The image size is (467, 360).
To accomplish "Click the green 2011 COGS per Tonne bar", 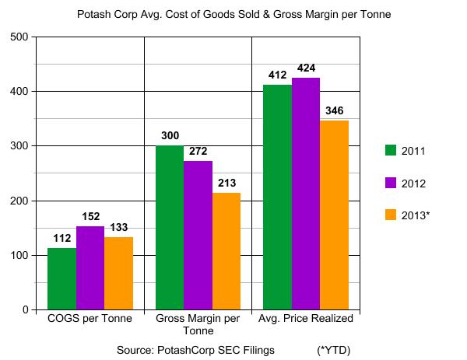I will (x=61, y=278).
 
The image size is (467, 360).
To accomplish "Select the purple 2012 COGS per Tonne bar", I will (x=90, y=267).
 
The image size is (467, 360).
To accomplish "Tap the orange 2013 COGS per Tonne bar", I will (x=118, y=273).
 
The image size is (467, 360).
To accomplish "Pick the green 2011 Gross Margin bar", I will (x=170, y=227).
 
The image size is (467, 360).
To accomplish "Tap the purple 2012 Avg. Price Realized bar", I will (x=306, y=194).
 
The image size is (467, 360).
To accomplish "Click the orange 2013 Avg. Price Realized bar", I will (x=334, y=215).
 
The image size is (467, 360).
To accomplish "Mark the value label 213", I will (x=226, y=184).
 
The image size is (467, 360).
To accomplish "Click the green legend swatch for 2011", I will (x=392, y=150).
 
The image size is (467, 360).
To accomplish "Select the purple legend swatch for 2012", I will (x=392, y=182).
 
